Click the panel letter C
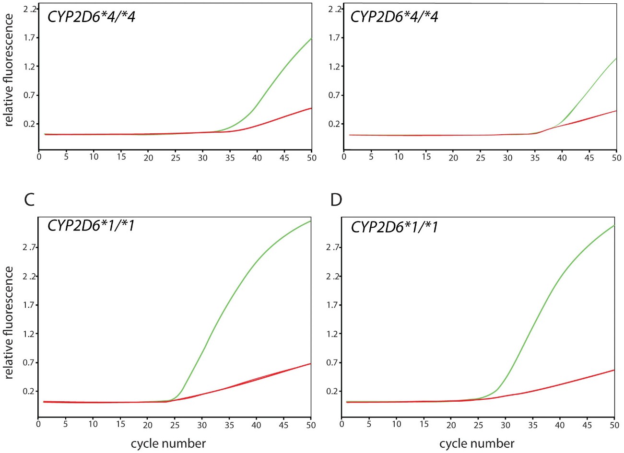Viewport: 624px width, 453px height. [x=29, y=199]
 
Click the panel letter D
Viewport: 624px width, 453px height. [x=337, y=199]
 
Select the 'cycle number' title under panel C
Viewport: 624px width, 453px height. [x=168, y=443]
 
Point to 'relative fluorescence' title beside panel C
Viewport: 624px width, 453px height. [x=9, y=322]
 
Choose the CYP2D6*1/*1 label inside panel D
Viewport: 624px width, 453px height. [x=394, y=226]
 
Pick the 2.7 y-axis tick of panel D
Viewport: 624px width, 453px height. [x=333, y=247]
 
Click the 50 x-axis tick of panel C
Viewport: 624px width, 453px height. [x=311, y=424]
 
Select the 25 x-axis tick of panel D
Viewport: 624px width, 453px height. [x=478, y=424]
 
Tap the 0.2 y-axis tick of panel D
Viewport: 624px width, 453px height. [x=333, y=391]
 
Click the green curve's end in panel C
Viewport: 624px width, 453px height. [x=311, y=221]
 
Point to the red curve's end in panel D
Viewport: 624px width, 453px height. [x=614, y=370]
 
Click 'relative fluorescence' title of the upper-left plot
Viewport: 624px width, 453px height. [x=9, y=70]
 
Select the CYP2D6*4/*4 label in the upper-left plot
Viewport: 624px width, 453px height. [x=91, y=17]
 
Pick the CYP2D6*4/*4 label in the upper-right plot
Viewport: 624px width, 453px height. [x=394, y=17]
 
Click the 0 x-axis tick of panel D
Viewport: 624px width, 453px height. [x=341, y=424]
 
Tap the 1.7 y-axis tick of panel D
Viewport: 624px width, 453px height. [x=333, y=305]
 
